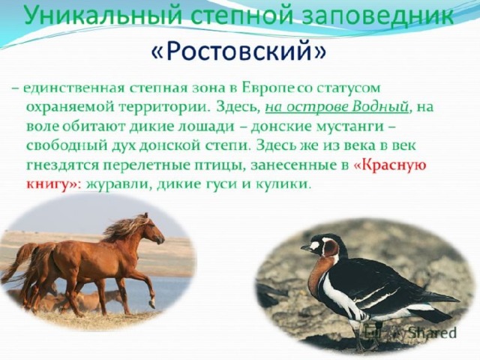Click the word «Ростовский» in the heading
click(238, 51)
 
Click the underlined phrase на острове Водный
click(337, 107)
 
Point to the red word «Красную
click(390, 165)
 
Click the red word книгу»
click(52, 184)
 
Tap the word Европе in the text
click(268, 88)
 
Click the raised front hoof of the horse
click(151, 304)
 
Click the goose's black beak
click(306, 247)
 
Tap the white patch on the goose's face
click(315, 246)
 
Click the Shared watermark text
click(432, 333)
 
